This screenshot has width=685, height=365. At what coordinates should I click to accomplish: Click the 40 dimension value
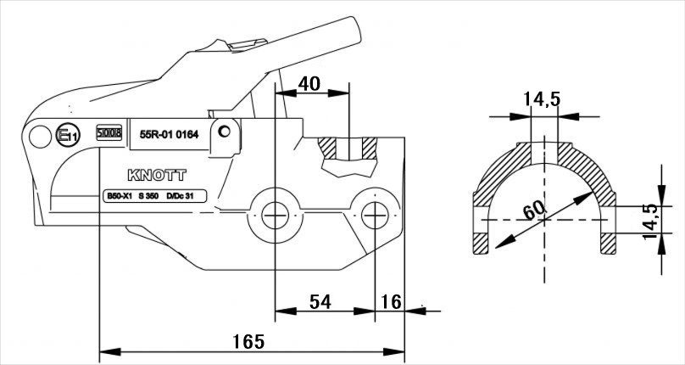[x=310, y=83]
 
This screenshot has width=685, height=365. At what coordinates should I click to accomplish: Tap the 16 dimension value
[x=392, y=302]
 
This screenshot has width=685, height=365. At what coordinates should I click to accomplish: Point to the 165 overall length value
[x=248, y=341]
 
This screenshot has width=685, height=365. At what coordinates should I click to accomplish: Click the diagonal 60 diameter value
[x=532, y=209]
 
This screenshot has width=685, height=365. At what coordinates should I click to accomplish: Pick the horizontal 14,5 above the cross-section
[x=542, y=99]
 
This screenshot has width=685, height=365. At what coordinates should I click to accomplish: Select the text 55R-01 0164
[x=169, y=132]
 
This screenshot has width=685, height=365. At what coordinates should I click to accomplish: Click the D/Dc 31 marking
[x=181, y=196]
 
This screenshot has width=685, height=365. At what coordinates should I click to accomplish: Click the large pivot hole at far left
[x=37, y=136]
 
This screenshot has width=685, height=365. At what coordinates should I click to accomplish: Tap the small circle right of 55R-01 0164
[x=224, y=132]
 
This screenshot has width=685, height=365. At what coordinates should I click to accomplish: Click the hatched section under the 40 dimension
[x=348, y=157]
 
